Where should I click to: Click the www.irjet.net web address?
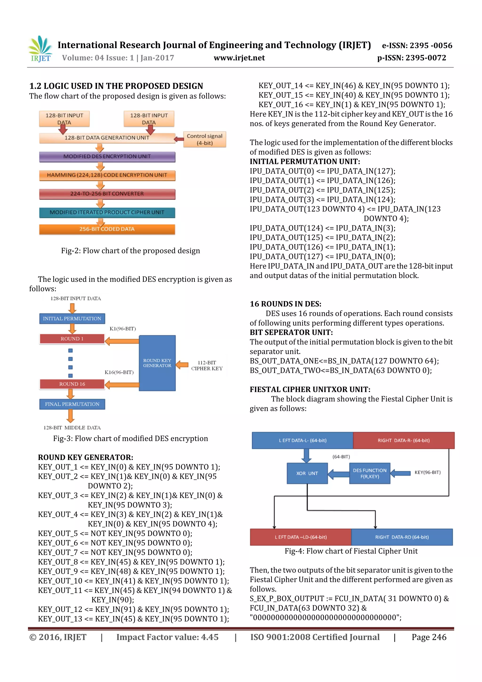tap(239, 58)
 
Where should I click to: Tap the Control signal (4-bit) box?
tap(205, 139)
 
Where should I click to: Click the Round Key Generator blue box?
tap(157, 363)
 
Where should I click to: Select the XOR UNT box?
tap(307, 473)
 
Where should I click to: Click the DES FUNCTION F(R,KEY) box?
tap(370, 473)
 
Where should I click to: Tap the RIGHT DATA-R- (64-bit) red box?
tap(403, 440)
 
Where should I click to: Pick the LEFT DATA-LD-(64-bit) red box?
tap(301, 537)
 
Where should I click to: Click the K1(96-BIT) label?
tap(123, 329)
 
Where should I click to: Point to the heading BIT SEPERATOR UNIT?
tap(291, 332)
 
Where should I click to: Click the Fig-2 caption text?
tap(130, 251)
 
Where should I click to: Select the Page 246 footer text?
tap(429, 637)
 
